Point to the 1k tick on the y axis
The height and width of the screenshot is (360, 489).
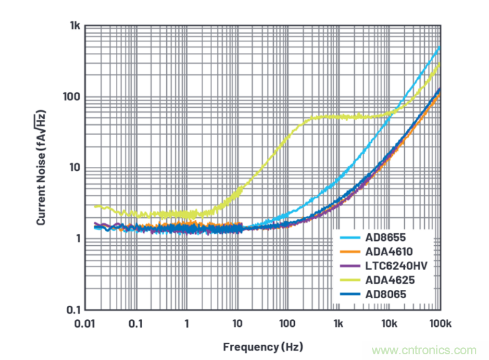coord(73,26)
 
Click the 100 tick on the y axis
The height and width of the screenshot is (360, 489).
coord(71,97)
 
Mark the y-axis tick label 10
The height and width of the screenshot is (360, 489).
coord(73,168)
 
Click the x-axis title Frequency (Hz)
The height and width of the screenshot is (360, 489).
coord(262,347)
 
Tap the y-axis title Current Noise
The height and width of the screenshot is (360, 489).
coord(41,167)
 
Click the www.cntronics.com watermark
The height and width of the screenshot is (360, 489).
coord(425,350)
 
